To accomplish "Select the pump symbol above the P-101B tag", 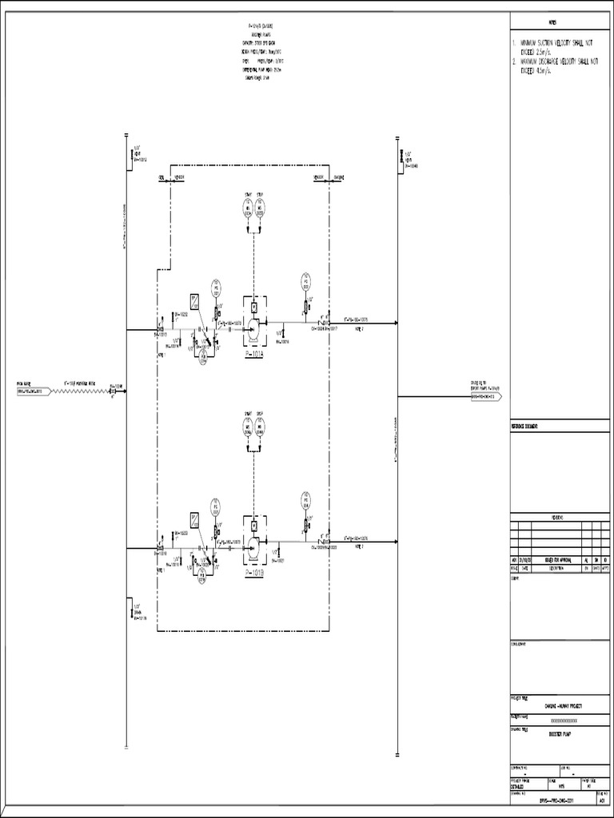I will pyautogui.click(x=253, y=547).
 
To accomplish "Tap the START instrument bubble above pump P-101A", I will pyautogui.click(x=247, y=208).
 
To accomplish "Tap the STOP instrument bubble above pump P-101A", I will pyautogui.click(x=261, y=208).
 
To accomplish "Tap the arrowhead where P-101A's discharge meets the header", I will pyautogui.click(x=394, y=324).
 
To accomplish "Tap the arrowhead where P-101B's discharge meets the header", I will pyautogui.click(x=394, y=543).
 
